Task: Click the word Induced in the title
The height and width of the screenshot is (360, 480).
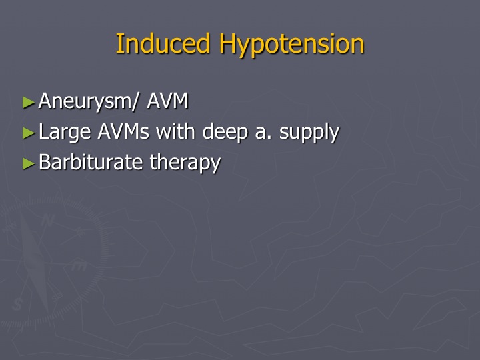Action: tap(163, 43)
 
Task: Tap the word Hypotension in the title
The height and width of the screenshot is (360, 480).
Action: tap(291, 45)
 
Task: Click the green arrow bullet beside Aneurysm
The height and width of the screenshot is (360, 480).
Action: tap(29, 103)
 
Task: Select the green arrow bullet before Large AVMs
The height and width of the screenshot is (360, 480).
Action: tap(29, 133)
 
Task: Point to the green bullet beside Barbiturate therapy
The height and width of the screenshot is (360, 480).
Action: tap(29, 163)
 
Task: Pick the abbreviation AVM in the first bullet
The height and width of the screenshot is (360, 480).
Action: tap(167, 101)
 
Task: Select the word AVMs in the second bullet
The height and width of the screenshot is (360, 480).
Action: tap(123, 131)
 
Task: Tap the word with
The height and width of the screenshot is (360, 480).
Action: tap(175, 131)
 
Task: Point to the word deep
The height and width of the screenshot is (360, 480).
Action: tap(225, 132)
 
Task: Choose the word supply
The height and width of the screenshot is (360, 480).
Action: tap(309, 133)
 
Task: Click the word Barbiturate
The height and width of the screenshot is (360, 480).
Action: tap(91, 161)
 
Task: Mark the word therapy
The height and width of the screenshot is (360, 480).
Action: tap(185, 163)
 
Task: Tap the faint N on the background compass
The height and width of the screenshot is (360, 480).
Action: tap(47, 220)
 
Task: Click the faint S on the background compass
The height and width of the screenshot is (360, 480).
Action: tap(17, 304)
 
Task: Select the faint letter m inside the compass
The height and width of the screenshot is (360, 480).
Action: tap(79, 266)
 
